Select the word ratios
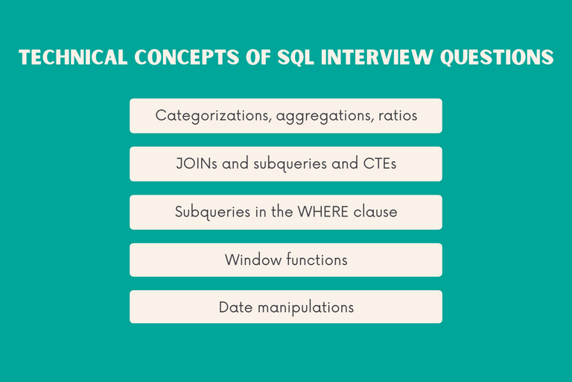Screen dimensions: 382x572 395,116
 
